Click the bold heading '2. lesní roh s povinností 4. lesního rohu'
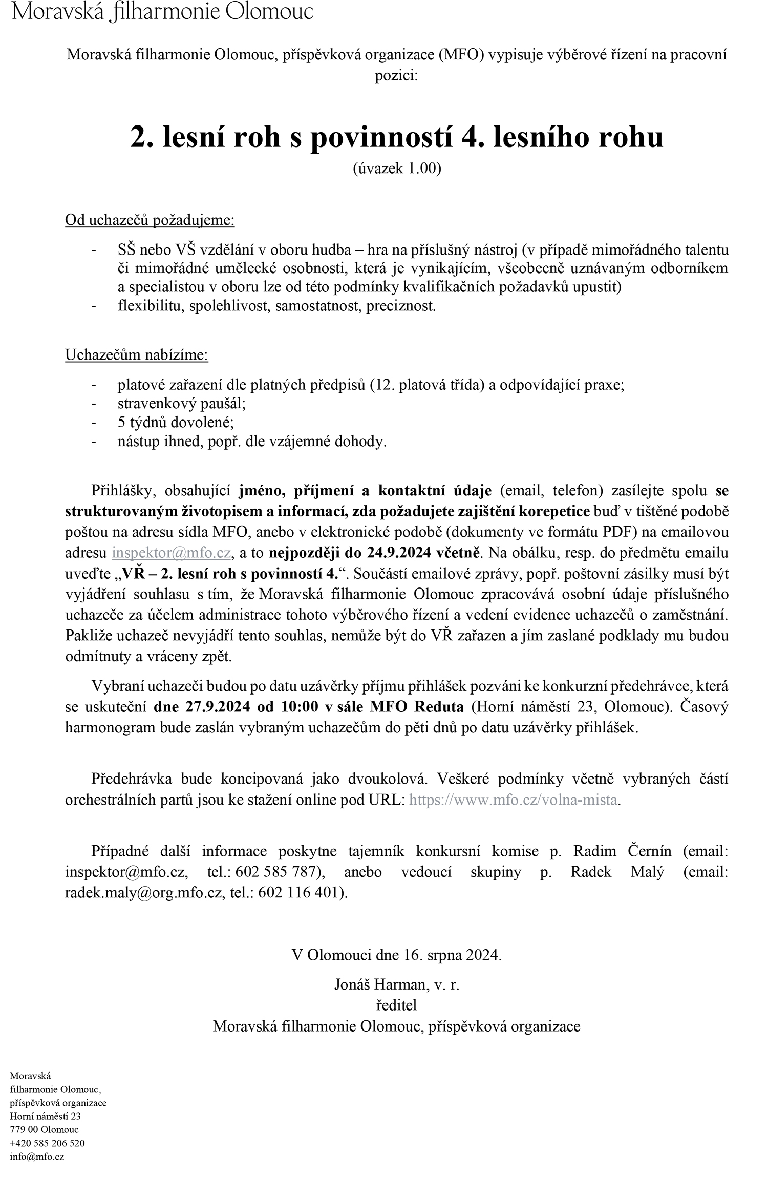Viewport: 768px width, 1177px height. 396,137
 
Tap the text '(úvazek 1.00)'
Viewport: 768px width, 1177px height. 396,169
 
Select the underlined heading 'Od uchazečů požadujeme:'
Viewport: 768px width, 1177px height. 150,220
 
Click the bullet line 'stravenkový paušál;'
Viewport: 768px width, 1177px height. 182,404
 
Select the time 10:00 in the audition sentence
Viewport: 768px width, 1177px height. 300,707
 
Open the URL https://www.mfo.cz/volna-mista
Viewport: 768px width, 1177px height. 514,800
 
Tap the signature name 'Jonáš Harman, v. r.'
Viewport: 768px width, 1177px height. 396,984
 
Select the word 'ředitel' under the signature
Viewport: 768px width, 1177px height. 396,1005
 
